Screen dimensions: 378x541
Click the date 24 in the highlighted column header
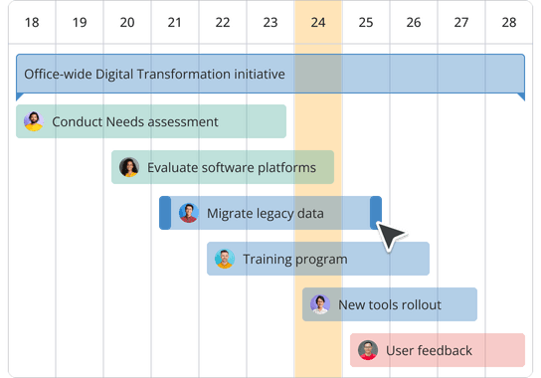(318, 22)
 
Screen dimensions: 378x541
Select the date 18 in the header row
(32, 22)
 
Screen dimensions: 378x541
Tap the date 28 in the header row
(509, 22)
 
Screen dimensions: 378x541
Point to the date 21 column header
(175, 22)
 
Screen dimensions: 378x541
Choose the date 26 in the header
(414, 22)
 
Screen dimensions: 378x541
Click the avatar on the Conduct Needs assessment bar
(33, 122)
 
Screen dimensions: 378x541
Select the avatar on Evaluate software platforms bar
(128, 168)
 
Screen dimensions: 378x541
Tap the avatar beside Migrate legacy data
(189, 213)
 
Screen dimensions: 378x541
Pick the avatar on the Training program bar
(224, 260)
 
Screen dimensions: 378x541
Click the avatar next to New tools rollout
(319, 305)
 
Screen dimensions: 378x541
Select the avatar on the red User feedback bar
(367, 351)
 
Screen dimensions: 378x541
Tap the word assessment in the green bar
(181, 122)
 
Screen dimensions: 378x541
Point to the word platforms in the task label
(287, 168)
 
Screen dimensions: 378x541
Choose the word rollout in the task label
(418, 305)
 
